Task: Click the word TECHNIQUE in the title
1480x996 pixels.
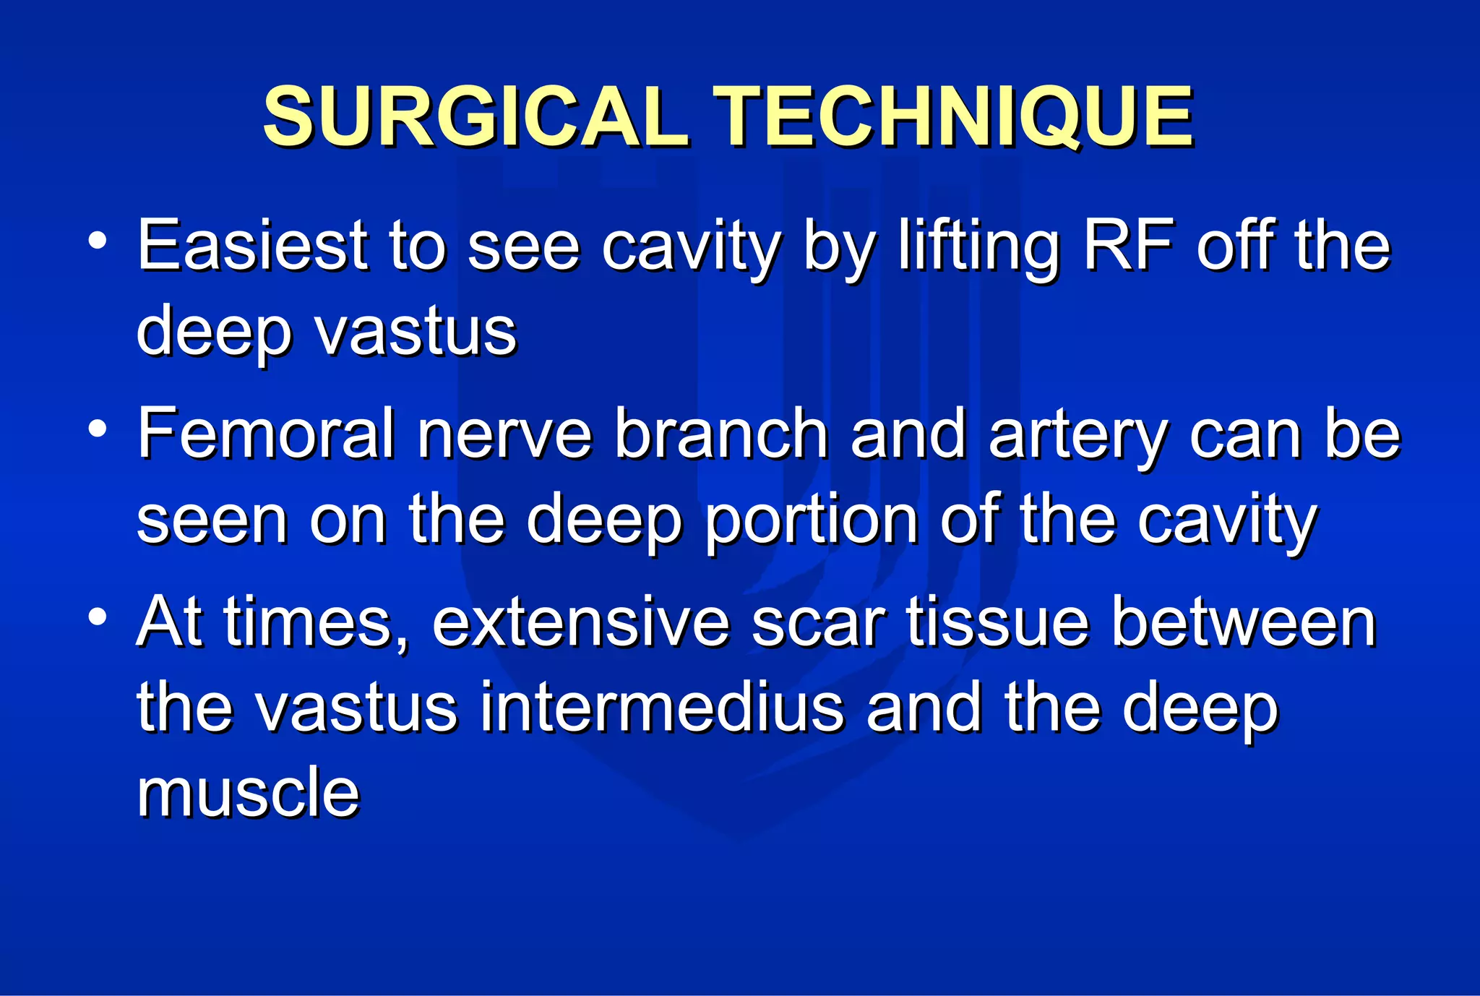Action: [x=953, y=117]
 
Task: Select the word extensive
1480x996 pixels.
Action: [x=580, y=623]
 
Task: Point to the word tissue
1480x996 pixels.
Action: [x=997, y=623]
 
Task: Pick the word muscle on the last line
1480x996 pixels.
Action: [x=248, y=793]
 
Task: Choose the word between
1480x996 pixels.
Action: [x=1243, y=623]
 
